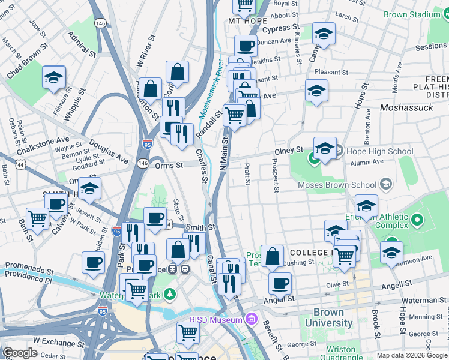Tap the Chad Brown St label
tap(28, 62)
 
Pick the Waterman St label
tap(421, 300)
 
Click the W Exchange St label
tap(53, 340)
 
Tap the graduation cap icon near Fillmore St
tap(54, 77)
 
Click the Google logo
tap(20, 353)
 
